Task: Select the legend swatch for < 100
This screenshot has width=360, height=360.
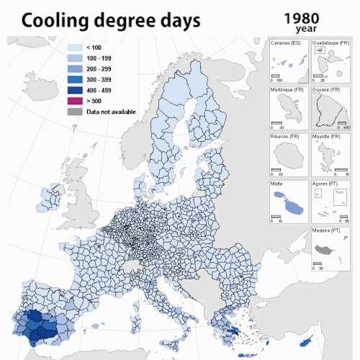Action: pos(74,47)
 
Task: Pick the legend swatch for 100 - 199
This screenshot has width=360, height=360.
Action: pos(74,58)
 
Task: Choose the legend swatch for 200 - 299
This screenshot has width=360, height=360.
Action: pos(74,68)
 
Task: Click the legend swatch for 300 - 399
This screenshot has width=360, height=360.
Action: pos(74,79)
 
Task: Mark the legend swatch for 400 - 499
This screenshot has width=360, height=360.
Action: pos(74,90)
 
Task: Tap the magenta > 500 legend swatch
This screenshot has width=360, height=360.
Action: pos(74,102)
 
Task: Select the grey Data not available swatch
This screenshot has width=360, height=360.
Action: pos(74,112)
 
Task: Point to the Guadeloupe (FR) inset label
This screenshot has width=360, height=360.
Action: pos(330,43)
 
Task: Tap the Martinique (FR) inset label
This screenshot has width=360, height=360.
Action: pos(286,90)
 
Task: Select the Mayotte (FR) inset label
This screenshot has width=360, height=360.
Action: pos(326,136)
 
